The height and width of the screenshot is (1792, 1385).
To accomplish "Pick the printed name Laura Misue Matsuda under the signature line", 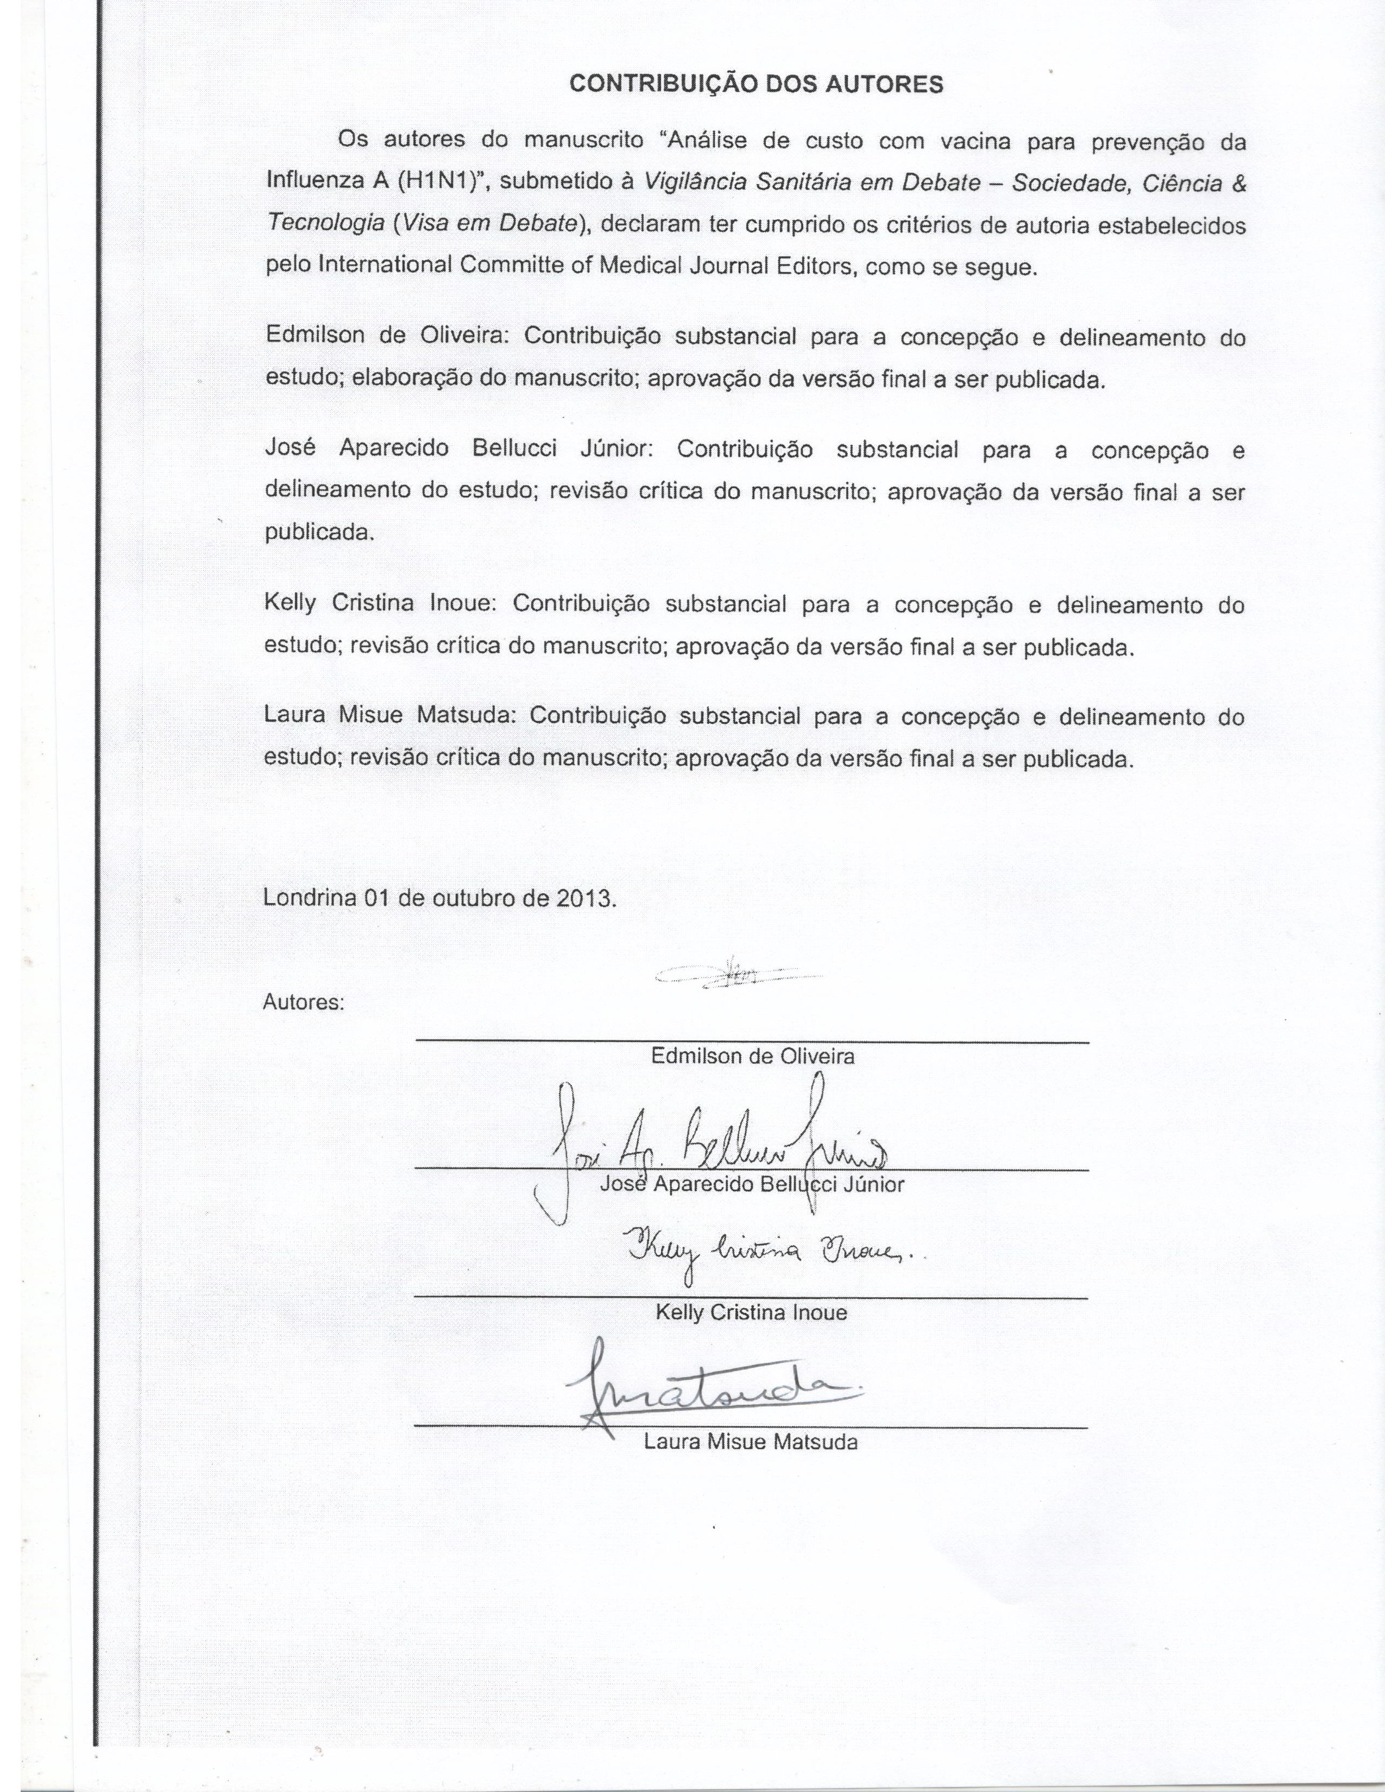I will point(751,1442).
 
